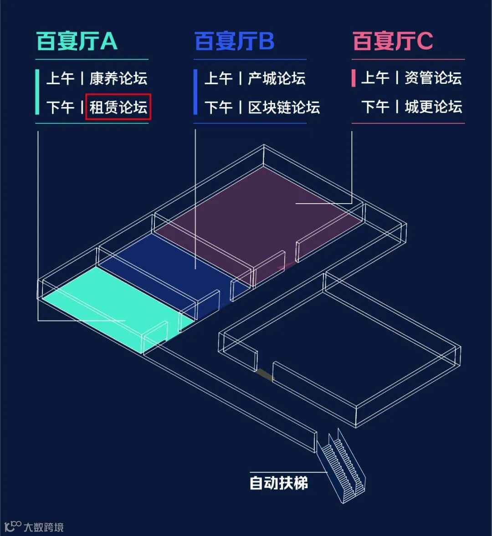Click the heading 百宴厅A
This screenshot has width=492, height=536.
(77, 41)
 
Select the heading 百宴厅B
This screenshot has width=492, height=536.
(234, 41)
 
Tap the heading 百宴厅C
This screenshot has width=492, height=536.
(393, 41)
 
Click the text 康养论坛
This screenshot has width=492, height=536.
(118, 78)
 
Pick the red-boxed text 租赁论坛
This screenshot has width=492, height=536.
(118, 107)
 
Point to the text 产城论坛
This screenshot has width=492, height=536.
(277, 78)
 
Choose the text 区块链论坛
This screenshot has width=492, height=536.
(284, 107)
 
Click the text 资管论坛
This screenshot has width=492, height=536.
(433, 78)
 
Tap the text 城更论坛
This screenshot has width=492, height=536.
(433, 107)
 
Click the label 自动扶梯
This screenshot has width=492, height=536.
(278, 483)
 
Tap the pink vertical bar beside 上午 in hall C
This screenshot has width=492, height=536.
(354, 78)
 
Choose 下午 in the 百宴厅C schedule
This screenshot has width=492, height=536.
(376, 107)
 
